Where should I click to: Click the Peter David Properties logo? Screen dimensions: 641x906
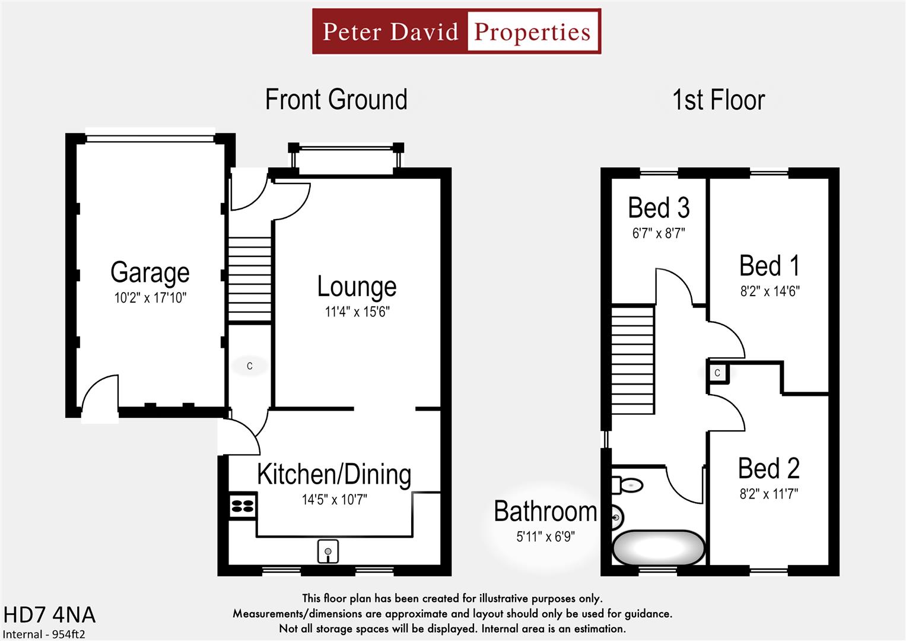(456, 31)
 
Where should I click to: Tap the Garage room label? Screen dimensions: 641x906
(150, 272)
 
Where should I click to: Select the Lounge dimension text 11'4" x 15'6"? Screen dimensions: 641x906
(357, 312)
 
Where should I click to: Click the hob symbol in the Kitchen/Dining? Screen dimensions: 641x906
(242, 506)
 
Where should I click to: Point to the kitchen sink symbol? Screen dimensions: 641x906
(328, 551)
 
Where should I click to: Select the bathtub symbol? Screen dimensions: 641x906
(658, 548)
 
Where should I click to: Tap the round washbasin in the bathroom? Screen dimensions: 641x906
(616, 518)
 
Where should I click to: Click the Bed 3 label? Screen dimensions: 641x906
(659, 208)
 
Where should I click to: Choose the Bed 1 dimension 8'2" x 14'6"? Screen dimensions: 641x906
(770, 291)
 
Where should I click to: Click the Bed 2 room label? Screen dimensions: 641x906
(768, 469)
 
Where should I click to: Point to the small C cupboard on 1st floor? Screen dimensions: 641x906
(717, 373)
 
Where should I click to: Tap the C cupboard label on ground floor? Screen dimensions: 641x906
(249, 366)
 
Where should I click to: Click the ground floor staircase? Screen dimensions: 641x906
(250, 279)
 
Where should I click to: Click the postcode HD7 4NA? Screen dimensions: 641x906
(49, 615)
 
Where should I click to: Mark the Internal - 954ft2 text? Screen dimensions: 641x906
(44, 634)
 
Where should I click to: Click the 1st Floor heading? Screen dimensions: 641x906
(718, 100)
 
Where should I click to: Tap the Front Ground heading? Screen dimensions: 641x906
(336, 100)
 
